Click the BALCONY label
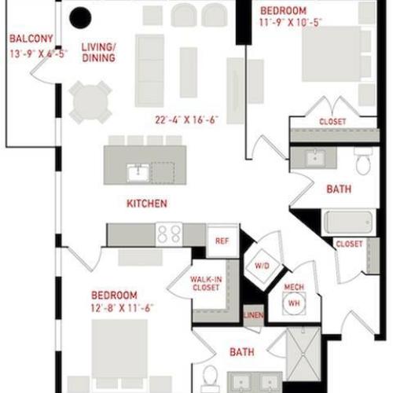(x=31, y=39)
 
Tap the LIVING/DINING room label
(x=98, y=52)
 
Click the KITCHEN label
(x=146, y=204)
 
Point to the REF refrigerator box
(x=222, y=241)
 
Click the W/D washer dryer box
(x=261, y=265)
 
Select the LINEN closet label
(x=252, y=315)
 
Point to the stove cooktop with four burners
(x=168, y=233)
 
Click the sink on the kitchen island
(x=137, y=171)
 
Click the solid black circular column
(x=79, y=17)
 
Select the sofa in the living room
(x=149, y=70)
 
